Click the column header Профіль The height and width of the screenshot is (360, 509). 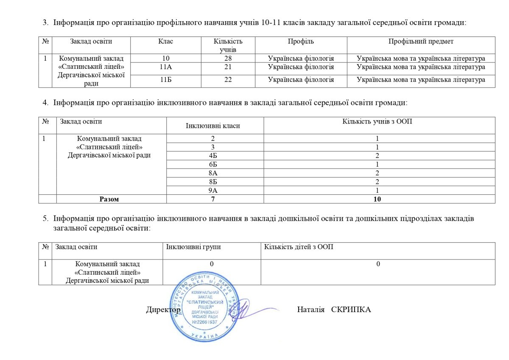(x=301, y=42)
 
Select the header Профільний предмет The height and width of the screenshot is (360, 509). (x=421, y=42)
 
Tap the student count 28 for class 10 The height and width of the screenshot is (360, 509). (x=228, y=59)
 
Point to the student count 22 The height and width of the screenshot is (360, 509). (x=228, y=80)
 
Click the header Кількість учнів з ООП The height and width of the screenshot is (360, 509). (x=377, y=121)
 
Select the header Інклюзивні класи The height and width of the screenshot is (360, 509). (x=213, y=126)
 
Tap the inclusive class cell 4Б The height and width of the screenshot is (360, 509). (x=213, y=155)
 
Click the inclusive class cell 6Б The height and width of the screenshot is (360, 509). (x=213, y=164)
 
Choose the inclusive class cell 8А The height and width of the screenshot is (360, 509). (x=213, y=173)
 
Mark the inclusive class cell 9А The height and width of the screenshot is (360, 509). (x=213, y=191)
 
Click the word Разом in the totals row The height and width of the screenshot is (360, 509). (x=109, y=199)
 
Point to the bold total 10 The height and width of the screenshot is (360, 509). (x=377, y=199)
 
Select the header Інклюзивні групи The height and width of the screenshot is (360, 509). (x=193, y=247)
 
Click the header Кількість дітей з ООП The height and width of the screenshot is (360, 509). (x=299, y=247)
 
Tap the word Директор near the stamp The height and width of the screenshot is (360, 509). (x=163, y=310)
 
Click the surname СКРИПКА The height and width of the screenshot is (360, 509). (x=351, y=310)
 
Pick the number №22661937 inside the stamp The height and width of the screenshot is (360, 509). (x=205, y=322)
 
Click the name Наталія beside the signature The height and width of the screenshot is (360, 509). (x=311, y=310)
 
